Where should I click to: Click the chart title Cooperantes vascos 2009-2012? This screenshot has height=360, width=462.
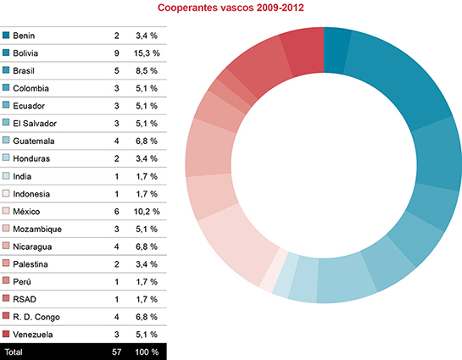[x=231, y=8]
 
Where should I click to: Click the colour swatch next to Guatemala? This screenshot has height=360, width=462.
[x=7, y=140]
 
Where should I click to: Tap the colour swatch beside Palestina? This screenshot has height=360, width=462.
[x=7, y=263]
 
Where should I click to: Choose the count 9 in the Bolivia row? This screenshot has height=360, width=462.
[x=116, y=53]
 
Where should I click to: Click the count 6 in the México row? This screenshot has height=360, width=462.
[x=116, y=210]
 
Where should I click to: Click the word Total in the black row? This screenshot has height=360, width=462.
[x=14, y=350]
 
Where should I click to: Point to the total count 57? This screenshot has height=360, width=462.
[x=116, y=350]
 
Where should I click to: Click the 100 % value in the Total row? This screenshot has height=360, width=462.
[x=147, y=350]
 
